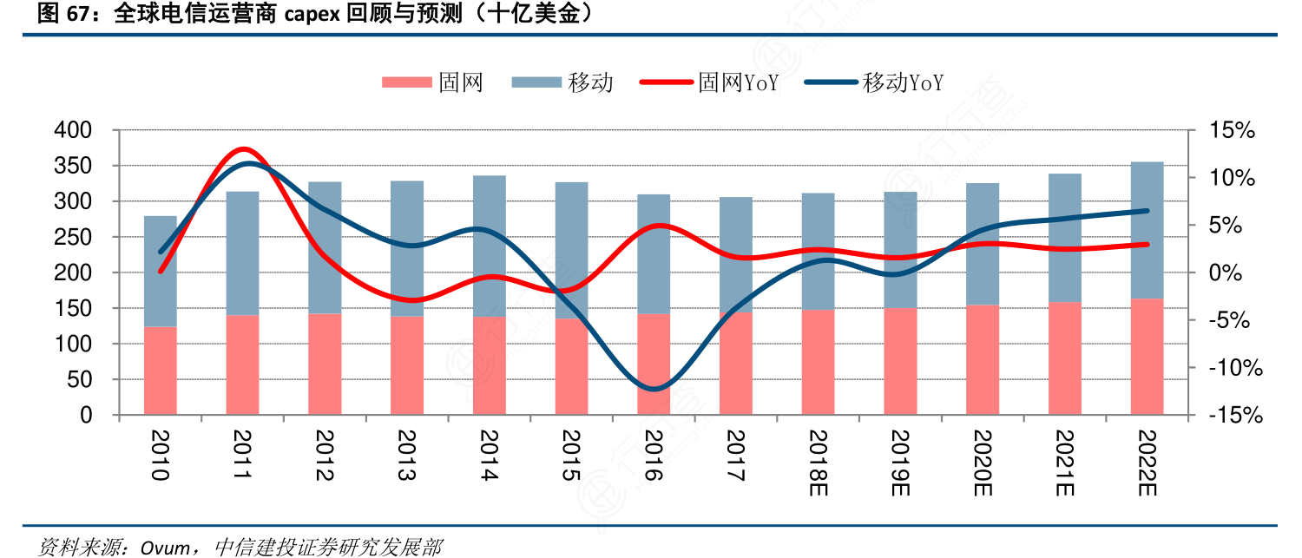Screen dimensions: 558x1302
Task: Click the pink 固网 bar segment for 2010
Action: coord(160,371)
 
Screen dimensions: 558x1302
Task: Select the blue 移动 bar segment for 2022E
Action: coord(1147,230)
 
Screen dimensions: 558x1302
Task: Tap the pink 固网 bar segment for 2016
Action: coord(654,364)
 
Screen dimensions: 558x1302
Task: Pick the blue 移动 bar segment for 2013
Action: coord(407,248)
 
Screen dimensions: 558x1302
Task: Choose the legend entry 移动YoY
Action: coord(874,82)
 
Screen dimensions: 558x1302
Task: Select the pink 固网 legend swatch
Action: coord(406,82)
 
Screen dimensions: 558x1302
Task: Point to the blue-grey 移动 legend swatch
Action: coord(536,82)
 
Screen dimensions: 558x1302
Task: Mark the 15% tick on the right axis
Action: coord(1233,130)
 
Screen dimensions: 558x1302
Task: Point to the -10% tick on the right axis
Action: coord(1233,368)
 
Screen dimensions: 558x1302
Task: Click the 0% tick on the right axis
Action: coord(1226,272)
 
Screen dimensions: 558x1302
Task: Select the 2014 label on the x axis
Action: coord(489,455)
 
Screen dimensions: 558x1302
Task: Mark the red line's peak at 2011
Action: coord(244,149)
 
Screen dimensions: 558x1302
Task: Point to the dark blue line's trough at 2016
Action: coord(654,388)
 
